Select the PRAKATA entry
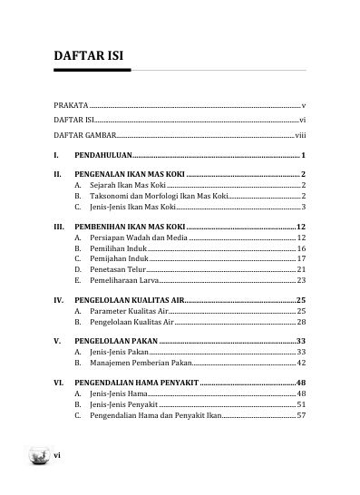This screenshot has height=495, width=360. [x=72, y=106]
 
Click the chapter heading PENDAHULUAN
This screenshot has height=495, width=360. [x=103, y=156]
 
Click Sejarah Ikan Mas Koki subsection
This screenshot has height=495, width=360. [x=122, y=185]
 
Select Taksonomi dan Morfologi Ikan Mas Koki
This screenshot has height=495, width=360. [x=158, y=196]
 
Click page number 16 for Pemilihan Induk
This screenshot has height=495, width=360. [x=301, y=247]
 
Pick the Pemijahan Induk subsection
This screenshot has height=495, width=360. [x=117, y=258]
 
